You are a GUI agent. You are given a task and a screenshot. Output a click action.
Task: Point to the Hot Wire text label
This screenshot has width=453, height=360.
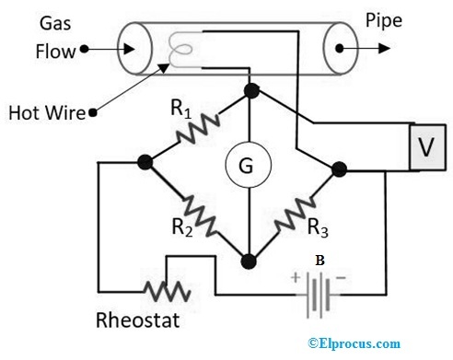(46, 113)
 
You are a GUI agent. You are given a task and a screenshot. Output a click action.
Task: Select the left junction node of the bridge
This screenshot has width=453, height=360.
(144, 163)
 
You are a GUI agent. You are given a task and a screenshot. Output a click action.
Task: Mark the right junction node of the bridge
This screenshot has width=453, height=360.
(339, 168)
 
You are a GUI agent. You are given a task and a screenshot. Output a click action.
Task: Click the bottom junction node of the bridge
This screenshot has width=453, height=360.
(248, 261)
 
